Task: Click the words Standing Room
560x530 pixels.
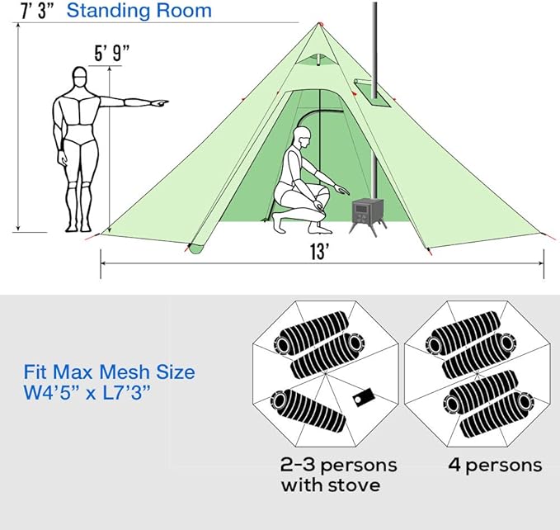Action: pyautogui.click(x=139, y=12)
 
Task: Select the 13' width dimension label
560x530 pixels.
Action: pyautogui.click(x=322, y=253)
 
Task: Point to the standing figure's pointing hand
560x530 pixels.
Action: pyautogui.click(x=158, y=103)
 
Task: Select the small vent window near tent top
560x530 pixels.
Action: pyautogui.click(x=309, y=59)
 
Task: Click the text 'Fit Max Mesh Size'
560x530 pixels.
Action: pyautogui.click(x=109, y=372)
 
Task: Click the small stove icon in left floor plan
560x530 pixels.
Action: pyautogui.click(x=360, y=399)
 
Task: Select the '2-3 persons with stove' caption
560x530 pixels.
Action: pyautogui.click(x=338, y=475)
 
